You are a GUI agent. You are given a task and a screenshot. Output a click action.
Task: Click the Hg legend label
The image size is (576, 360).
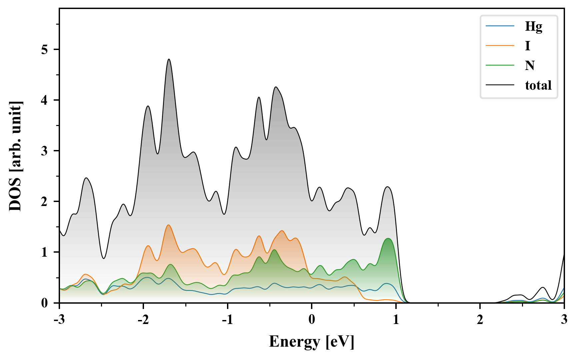coord(533,26)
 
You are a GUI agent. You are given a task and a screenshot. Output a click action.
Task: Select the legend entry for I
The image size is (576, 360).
coord(527,46)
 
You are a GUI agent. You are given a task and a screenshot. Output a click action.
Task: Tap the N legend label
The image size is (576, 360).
coord(530,65)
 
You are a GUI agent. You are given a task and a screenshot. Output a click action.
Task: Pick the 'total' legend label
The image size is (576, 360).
coord(538,85)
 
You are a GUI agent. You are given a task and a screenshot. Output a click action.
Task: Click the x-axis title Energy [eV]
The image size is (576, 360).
coord(311,342)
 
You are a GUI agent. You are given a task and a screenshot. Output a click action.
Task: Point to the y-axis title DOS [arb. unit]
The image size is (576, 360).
coord(15,156)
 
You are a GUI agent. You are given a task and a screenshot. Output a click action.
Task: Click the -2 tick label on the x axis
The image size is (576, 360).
coord(143,320)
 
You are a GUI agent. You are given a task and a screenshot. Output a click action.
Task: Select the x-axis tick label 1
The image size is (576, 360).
coord(396,320)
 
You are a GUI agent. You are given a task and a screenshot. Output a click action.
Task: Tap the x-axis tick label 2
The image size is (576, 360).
coord(480,320)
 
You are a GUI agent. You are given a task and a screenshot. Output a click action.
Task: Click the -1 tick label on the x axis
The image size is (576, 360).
coord(227,320)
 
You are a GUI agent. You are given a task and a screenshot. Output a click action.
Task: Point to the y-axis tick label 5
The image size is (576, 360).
coord(45,50)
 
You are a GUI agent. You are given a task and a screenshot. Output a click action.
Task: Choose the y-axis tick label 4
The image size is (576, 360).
coord(45,100)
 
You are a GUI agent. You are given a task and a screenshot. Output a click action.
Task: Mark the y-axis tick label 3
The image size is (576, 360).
coord(45,151)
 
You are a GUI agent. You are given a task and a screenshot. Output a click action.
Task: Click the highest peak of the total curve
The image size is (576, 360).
coord(169,59)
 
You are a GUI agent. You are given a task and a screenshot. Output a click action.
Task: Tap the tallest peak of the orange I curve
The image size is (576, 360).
coord(169,225)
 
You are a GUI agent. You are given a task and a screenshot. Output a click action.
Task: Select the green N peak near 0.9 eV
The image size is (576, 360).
coord(388,239)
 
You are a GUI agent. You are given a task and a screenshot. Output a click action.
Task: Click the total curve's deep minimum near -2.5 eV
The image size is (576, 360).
coord(104,258)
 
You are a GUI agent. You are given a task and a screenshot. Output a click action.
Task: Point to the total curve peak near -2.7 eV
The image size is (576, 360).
coord(86,178)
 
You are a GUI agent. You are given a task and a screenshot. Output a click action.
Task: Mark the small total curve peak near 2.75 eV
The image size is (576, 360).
coord(543,287)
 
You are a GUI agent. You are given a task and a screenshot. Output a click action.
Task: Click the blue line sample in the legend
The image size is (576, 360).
coord(500,26)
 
